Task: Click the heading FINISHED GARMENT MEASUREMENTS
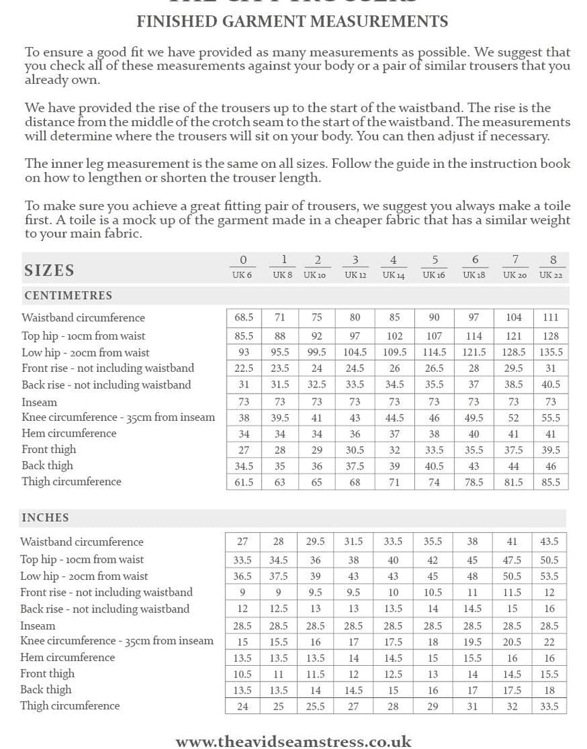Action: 293,22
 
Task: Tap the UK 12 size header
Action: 355,275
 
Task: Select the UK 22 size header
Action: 552,275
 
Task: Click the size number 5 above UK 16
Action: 435,259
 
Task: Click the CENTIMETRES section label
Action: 68,296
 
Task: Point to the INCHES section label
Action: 45,518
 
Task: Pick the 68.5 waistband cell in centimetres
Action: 244,317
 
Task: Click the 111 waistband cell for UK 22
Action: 552,317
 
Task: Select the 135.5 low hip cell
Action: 552,352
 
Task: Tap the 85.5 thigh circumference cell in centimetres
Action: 552,482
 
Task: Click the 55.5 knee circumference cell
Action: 552,417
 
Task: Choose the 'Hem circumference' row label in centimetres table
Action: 68,433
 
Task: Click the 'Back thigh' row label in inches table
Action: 45,690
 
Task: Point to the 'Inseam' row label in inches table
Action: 38,626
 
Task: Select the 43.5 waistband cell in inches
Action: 550,542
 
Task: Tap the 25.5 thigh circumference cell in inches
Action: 315,707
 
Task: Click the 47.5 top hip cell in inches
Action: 513,560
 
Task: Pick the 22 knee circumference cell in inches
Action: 550,642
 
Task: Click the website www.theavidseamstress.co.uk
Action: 293,741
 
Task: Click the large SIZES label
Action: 49,270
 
